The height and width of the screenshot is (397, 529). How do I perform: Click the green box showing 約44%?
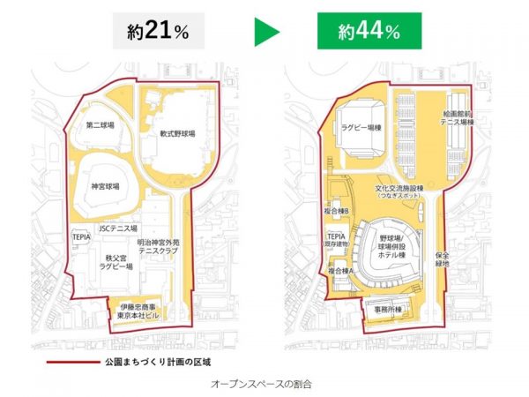(x=369, y=32)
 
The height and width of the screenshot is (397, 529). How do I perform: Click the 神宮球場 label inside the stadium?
(x=103, y=186)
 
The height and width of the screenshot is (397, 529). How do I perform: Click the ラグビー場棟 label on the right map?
(x=363, y=126)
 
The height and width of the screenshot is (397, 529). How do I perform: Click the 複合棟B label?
(x=339, y=213)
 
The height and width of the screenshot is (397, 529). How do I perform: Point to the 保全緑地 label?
(x=441, y=258)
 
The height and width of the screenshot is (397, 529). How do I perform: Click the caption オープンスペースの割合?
(x=263, y=385)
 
